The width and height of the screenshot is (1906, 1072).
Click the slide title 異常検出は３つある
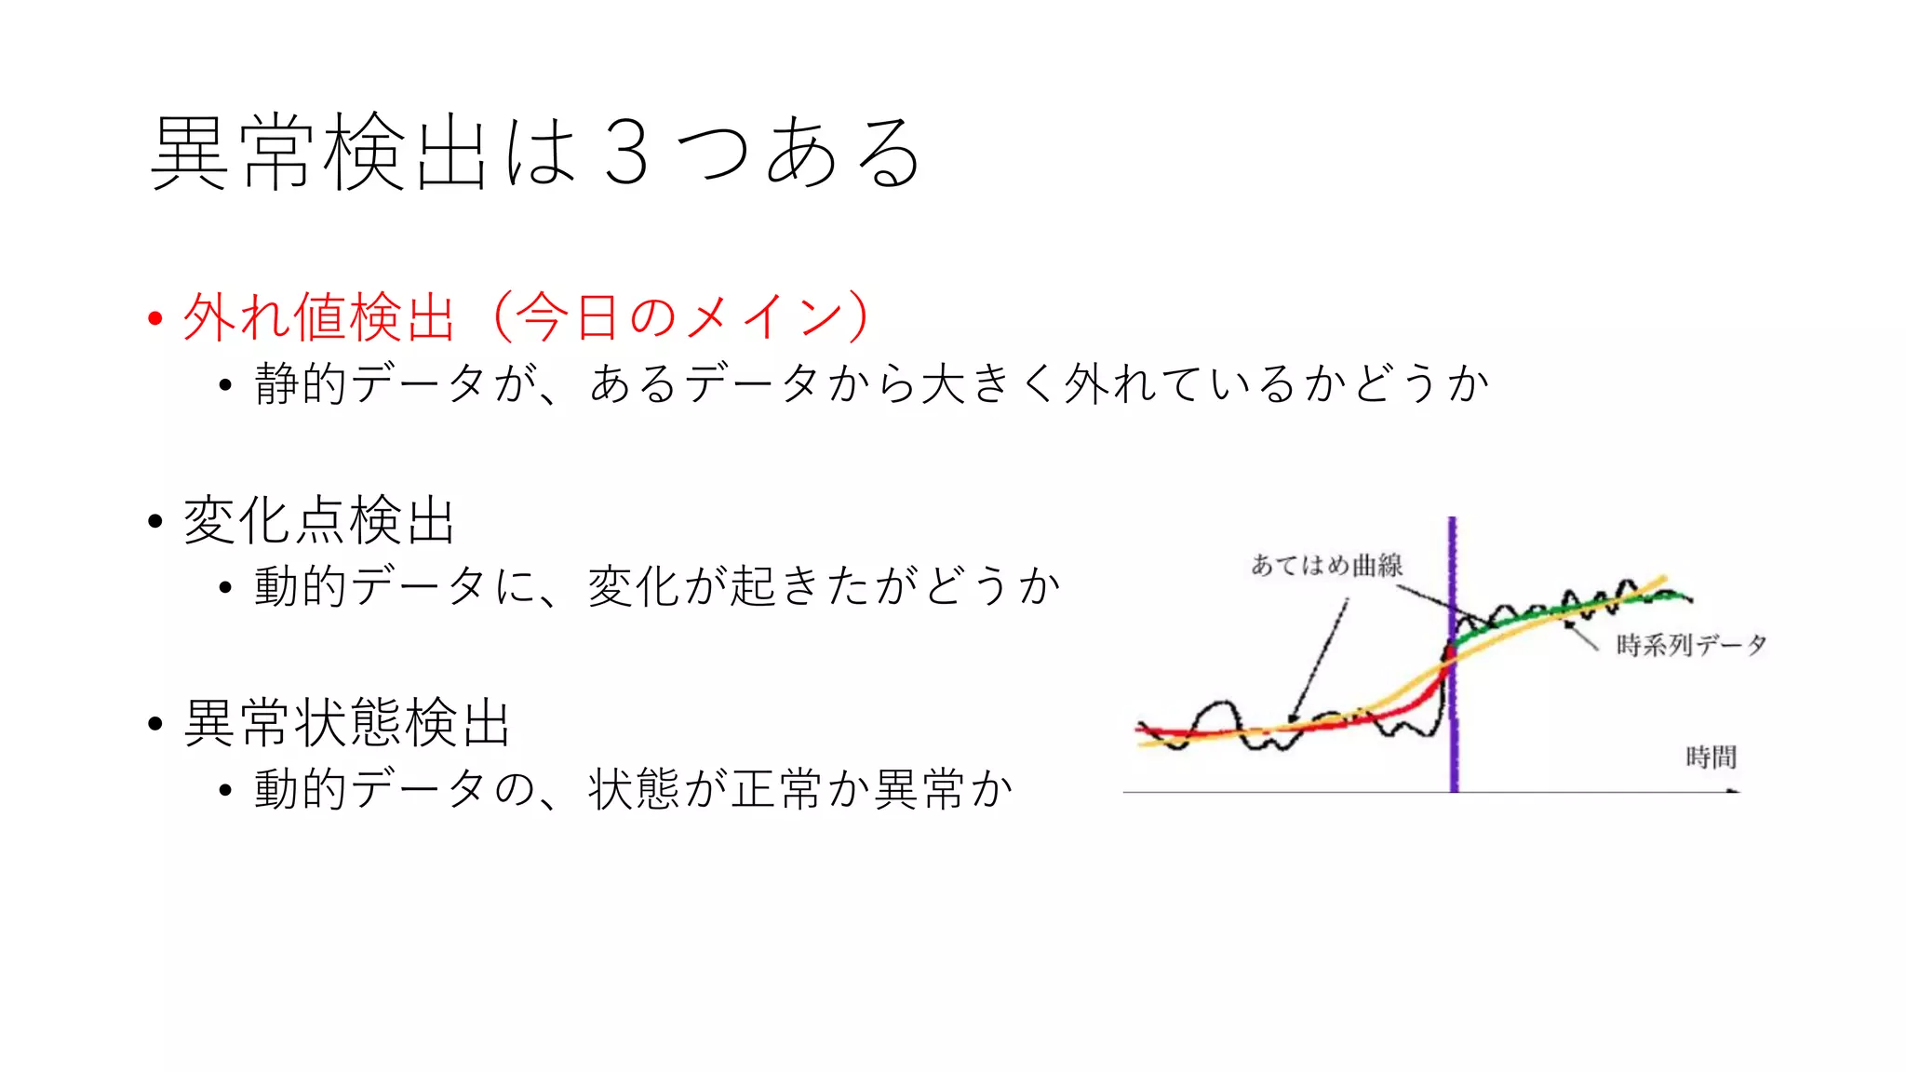[535, 153]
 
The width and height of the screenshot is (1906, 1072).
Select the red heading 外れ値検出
[318, 317]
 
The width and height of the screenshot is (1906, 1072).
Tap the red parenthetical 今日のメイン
[679, 317]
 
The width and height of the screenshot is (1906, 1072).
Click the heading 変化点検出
[318, 520]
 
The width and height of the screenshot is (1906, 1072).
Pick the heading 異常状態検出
[346, 723]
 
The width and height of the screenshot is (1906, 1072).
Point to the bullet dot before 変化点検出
[155, 521]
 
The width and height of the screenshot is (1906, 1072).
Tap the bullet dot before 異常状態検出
[155, 724]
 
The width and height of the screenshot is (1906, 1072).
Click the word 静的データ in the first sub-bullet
[371, 384]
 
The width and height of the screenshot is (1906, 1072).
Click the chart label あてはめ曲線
[1326, 566]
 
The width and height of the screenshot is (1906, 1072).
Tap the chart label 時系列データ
[1690, 645]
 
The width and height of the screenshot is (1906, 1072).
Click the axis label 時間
[1711, 757]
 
